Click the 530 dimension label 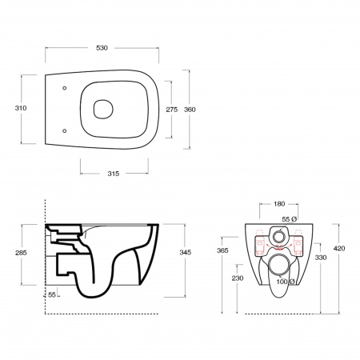click(102, 48)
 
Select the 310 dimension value click(21, 108)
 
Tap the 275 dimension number click(172, 110)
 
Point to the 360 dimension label click(190, 110)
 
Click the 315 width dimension click(114, 174)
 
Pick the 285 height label click(21, 253)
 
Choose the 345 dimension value click(186, 252)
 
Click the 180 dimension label click(279, 204)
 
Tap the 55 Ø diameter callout click(290, 219)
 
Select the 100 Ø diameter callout click(286, 282)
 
